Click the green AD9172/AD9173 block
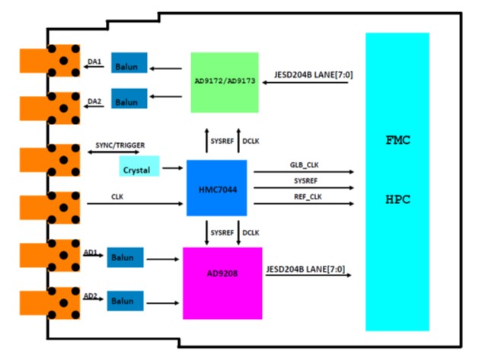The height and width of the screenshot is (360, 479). point(225,82)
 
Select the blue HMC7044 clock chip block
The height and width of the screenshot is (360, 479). point(217,187)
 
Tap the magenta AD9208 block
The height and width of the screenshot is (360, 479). point(222,282)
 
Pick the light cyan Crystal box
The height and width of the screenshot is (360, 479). point(139,167)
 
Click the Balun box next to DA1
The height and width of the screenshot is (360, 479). point(129,66)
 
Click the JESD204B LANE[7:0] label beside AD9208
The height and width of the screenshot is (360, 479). point(309,268)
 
